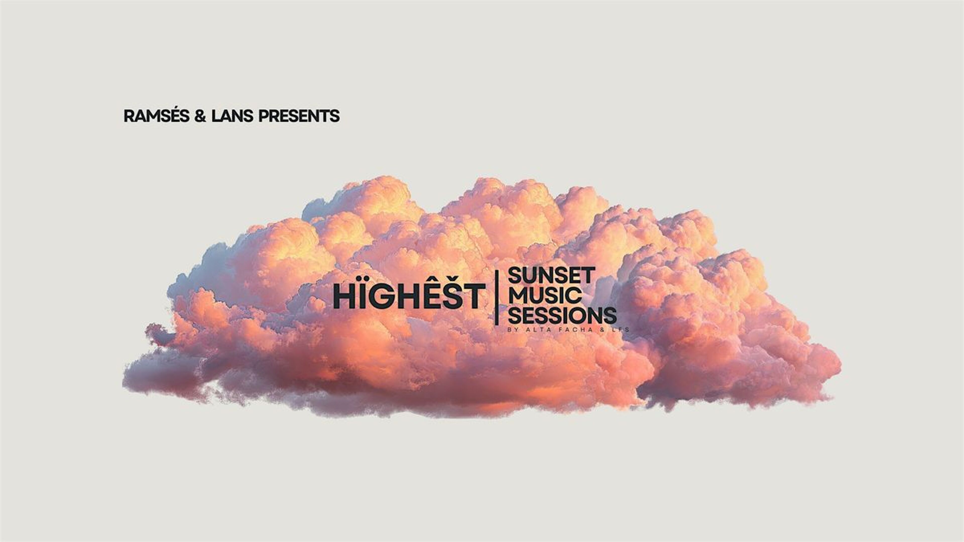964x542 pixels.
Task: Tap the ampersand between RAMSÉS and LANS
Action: click(x=200, y=116)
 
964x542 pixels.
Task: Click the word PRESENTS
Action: click(x=299, y=116)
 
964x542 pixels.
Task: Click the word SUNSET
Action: click(x=552, y=276)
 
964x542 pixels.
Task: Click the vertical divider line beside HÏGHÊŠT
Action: click(x=497, y=298)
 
